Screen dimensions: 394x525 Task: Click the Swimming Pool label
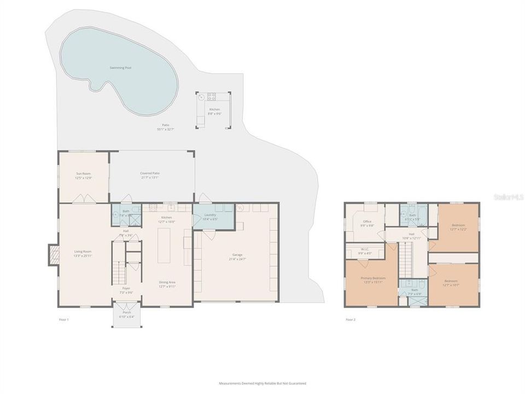[120, 68]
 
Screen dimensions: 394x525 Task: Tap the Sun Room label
[83, 173]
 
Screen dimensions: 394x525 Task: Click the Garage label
[237, 255]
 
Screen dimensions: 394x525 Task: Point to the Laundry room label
[210, 215]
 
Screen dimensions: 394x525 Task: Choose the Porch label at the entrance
[126, 312]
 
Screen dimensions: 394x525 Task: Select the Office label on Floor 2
[367, 222]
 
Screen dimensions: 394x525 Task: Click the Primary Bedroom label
[373, 278]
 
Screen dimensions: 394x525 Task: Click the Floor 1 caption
[64, 319]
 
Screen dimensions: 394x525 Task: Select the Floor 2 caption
[351, 319]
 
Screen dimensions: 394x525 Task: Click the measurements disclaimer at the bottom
[262, 384]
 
